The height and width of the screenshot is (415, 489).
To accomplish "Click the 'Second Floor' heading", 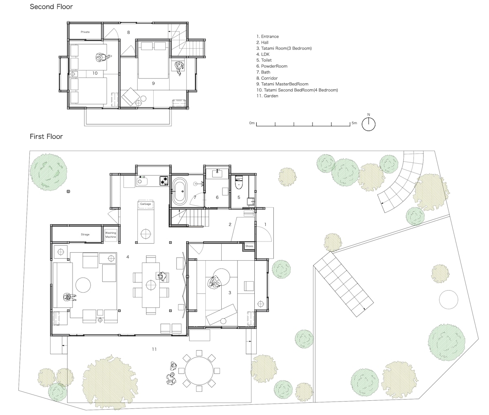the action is (51, 7).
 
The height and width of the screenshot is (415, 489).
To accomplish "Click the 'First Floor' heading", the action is (46, 136).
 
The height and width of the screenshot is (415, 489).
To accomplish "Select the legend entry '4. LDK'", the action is (263, 54).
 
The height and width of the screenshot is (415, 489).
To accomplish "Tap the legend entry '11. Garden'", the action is (267, 96).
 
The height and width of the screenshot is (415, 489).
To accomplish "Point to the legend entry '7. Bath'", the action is (263, 72).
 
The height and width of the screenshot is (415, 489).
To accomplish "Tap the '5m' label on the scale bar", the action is (354, 123).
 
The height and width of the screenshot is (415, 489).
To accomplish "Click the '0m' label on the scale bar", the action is (252, 123).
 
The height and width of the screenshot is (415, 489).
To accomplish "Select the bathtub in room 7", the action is (180, 191).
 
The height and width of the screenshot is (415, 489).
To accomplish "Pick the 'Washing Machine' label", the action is (111, 235).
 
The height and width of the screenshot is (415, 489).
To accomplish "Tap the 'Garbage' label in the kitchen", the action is (145, 204).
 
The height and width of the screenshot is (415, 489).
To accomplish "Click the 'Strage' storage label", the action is (85, 235).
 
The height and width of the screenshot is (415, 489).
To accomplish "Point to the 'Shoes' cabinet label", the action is (249, 246).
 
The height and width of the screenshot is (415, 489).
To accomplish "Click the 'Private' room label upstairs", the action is (85, 32).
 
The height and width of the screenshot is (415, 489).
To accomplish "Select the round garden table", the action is (199, 371).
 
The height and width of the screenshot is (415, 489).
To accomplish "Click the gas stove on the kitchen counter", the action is (164, 180).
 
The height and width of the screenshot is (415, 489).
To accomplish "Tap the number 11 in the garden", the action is (154, 349).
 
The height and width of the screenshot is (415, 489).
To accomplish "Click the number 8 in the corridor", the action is (128, 33).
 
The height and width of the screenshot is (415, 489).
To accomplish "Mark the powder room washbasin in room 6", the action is (217, 173).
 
